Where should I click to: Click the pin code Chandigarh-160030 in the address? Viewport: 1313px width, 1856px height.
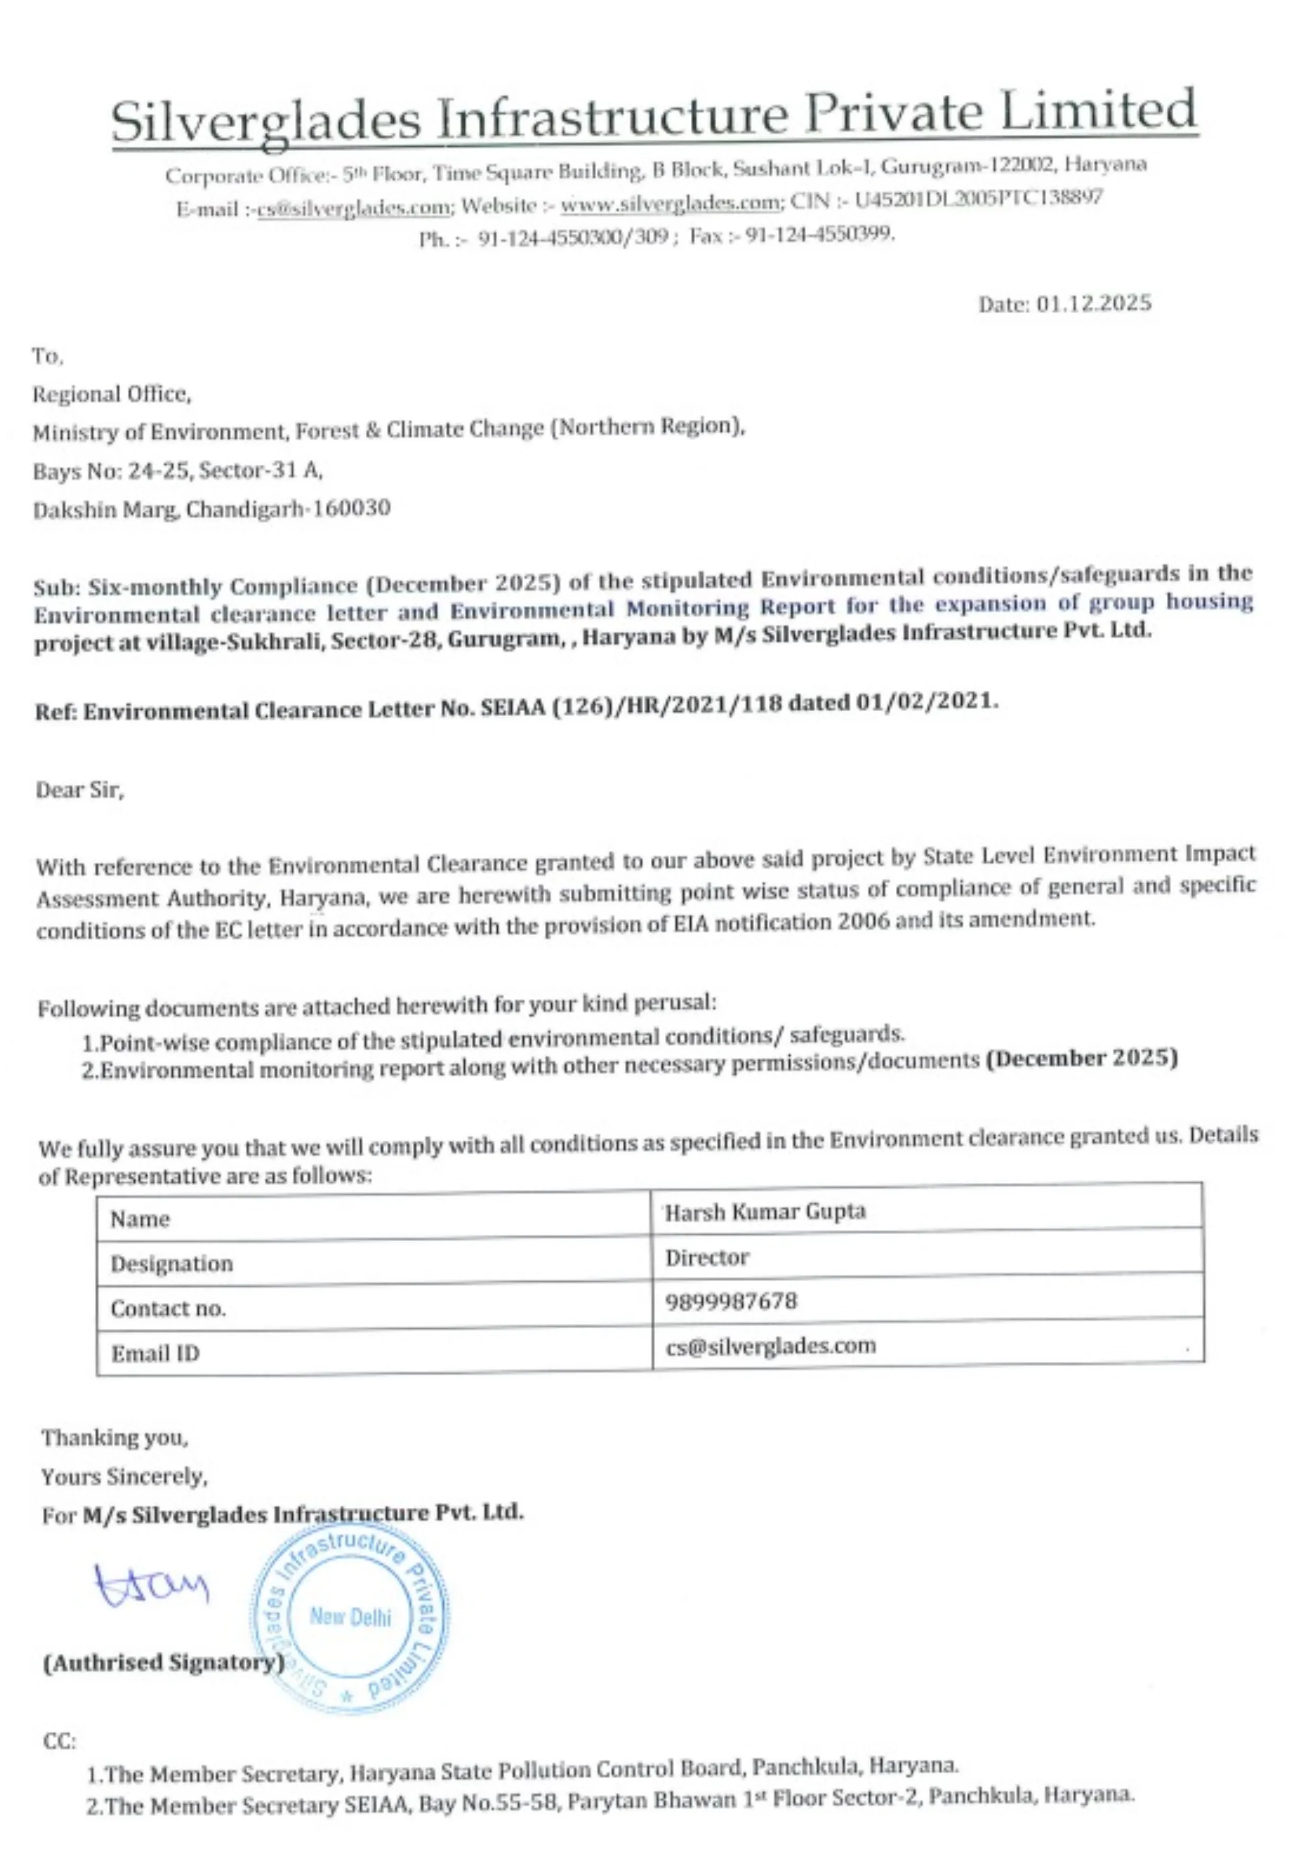289,509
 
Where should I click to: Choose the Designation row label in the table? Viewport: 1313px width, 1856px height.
172,1263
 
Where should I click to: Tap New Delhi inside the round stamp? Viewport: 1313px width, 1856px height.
350,1617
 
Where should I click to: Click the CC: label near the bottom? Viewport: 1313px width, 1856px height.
59,1741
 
